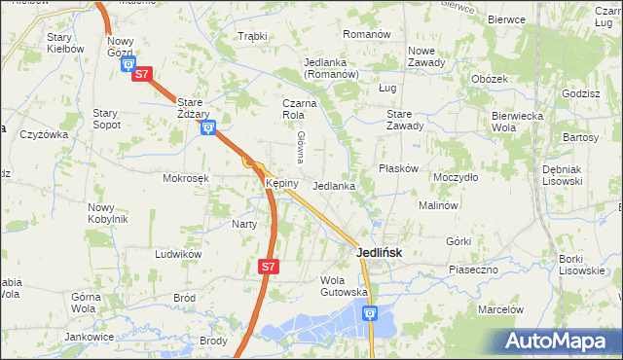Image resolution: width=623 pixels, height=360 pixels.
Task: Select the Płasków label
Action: pyautogui.click(x=398, y=167)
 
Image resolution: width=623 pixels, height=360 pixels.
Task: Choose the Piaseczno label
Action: pyautogui.click(x=473, y=268)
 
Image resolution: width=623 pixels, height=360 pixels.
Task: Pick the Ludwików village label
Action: pyautogui.click(x=178, y=253)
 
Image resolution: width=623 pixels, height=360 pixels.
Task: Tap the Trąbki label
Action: pyautogui.click(x=252, y=36)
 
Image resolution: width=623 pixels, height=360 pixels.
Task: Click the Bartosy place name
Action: pyautogui.click(x=580, y=137)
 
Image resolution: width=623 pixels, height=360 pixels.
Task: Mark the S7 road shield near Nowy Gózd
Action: pyautogui.click(x=142, y=74)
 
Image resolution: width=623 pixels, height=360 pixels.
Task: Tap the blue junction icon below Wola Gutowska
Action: pyautogui.click(x=370, y=312)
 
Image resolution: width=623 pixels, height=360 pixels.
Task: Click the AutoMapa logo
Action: pyautogui.click(x=559, y=341)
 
